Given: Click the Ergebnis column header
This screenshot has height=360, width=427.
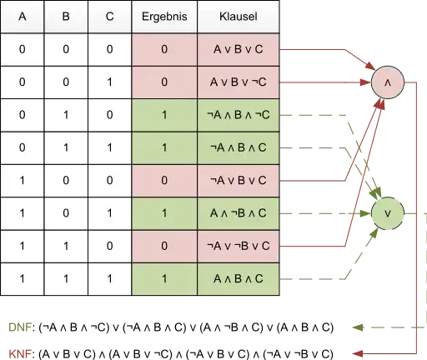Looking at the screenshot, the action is pos(164,17).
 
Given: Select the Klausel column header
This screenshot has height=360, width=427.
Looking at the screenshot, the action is pos(239,17).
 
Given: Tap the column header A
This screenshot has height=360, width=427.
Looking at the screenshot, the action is pos(23,17).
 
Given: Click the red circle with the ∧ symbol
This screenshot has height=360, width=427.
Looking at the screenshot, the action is pos(388,82).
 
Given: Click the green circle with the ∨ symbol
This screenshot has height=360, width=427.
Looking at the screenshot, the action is pos(388,213).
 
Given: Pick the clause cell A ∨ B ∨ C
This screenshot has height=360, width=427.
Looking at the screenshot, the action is pos(239,49).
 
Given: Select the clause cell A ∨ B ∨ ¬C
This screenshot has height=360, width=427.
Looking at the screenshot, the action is pos(239,82).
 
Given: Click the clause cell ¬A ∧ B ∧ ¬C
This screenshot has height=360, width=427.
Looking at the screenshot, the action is pos(239,115).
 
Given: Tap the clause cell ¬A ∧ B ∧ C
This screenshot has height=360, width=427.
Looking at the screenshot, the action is pos(239,147).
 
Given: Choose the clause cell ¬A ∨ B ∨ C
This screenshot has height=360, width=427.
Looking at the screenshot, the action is pos(239,181).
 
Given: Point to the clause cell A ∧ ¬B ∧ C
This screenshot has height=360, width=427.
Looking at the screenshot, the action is pos(239,213).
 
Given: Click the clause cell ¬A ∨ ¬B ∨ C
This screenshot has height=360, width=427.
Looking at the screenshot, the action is pos(239,246).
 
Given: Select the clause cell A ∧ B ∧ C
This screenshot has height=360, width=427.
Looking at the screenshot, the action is pos(239,279).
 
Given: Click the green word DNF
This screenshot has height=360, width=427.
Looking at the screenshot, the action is pos(20,327).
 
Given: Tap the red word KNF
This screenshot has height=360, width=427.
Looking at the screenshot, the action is pos(20,354).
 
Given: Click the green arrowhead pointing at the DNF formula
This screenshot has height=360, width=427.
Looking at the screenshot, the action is pos(358,327).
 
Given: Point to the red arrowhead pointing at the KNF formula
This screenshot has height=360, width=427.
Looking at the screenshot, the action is pos(358,353).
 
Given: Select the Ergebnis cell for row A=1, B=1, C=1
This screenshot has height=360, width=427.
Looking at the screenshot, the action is pos(164,279).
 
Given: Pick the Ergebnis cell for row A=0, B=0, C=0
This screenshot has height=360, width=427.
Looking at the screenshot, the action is pos(164,49).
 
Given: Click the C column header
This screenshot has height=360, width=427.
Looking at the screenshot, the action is pos(110,17).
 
